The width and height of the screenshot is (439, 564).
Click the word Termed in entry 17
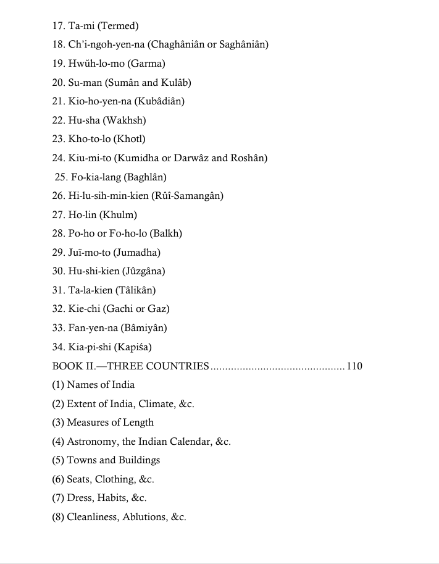118,26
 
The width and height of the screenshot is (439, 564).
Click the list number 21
58,101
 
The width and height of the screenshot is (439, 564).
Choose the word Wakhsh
127,120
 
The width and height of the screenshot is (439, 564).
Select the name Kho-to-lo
88,139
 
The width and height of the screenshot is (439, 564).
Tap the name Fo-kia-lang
96,177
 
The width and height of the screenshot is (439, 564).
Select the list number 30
58,271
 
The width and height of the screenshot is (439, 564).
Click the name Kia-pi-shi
90,347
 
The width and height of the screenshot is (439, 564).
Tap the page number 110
354,366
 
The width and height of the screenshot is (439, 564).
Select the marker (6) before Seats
58,479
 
